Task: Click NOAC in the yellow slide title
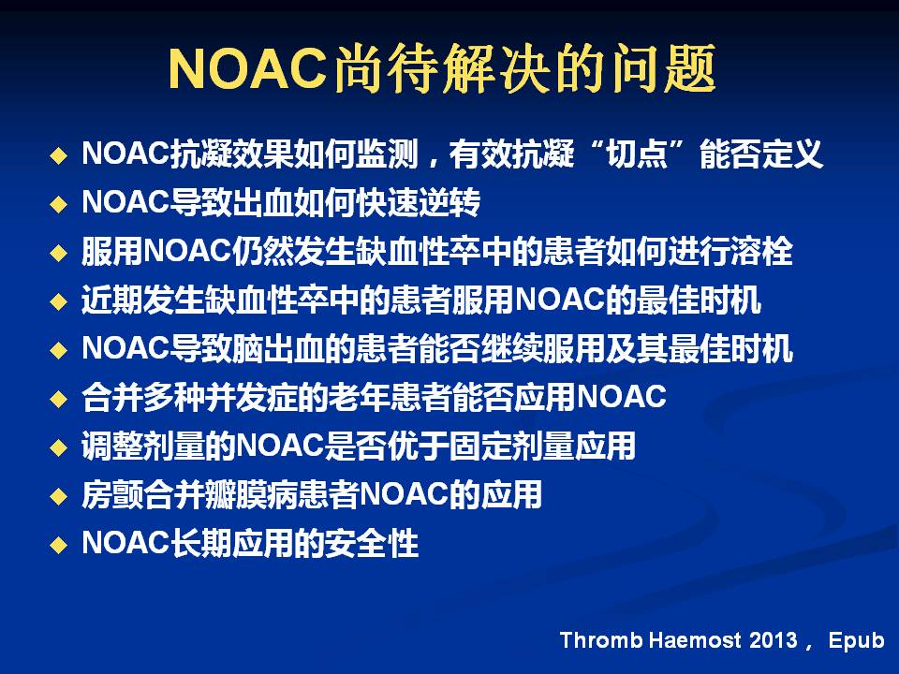point(247,69)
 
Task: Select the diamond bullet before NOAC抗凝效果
point(58,155)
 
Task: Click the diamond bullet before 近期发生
point(58,301)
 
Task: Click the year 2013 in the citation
point(773,640)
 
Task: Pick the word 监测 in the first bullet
point(387,154)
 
